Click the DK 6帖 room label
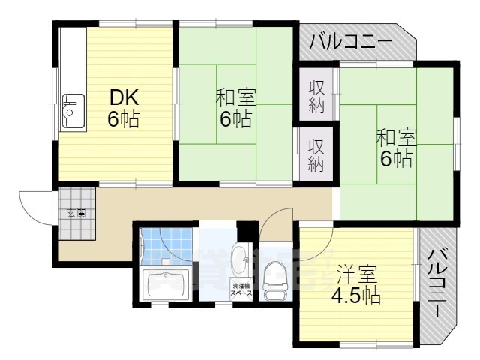point(124,109)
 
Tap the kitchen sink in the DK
point(73,112)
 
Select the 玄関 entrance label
point(76,213)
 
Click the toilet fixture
point(274,279)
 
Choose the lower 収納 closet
point(316,154)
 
